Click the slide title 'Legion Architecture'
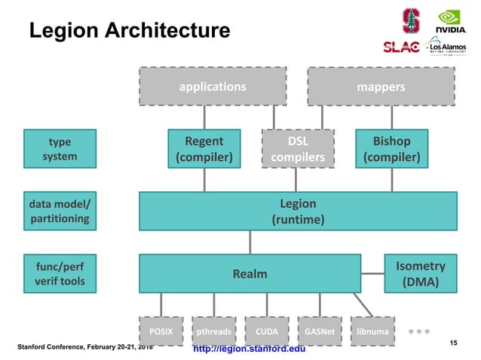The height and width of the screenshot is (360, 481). [x=129, y=31]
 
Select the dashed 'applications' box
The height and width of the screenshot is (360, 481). [x=212, y=87]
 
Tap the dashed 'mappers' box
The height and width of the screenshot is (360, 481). [x=381, y=87]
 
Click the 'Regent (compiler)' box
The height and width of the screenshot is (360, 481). [x=204, y=149]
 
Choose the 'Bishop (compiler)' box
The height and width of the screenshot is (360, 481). [x=391, y=149]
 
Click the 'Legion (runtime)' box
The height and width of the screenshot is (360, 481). [x=298, y=212]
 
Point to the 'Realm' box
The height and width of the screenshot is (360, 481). [x=250, y=274]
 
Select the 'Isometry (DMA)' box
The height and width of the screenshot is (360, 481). [x=420, y=274]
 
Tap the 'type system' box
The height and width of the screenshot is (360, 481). [x=60, y=149]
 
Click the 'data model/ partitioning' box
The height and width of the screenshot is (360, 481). [x=60, y=212]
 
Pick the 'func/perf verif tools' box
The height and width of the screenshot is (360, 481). [x=60, y=274]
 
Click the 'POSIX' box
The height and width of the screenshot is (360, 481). [x=161, y=331]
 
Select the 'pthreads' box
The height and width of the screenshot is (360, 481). [x=214, y=331]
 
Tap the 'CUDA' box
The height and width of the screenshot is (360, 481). [x=267, y=331]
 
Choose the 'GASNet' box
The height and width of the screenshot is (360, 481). [x=320, y=331]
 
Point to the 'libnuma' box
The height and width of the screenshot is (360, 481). [x=372, y=331]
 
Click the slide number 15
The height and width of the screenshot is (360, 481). [x=453, y=343]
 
